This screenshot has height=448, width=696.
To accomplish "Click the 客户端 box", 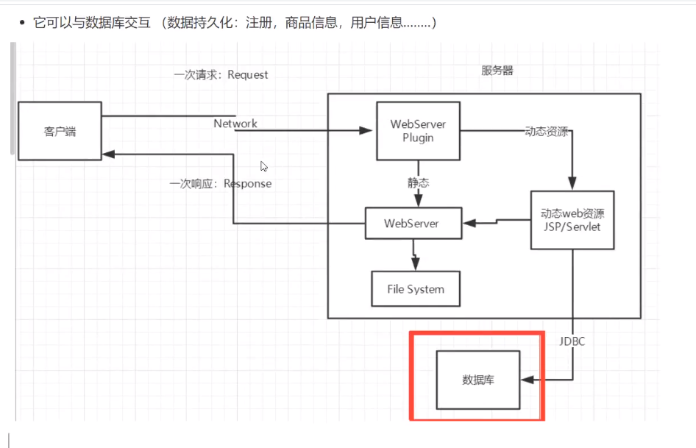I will coord(60,131).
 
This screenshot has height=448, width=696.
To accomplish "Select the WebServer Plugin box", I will coord(418,131).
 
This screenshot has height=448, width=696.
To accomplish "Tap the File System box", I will coord(416,289).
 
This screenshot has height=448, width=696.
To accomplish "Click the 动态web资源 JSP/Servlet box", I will coord(572,219).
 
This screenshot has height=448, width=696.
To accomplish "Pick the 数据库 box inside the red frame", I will coord(477,380).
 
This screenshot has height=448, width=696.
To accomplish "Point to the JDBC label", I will coord(571,341).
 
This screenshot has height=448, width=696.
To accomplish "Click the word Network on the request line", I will coord(235,124).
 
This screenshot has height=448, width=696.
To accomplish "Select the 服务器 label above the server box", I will coord(497,71).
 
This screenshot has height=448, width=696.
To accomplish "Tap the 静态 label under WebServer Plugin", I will coord(419,182).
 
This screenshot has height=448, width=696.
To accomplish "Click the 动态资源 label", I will coord(546,132).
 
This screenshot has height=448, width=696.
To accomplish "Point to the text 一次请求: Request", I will coord(221,74).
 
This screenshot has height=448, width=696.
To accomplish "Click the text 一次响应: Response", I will coord(221,183).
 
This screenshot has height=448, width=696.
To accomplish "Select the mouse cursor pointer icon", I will coord(264,166).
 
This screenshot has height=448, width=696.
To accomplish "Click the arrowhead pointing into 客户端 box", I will coord(108,154).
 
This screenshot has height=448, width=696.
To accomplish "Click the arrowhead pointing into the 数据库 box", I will coord(525,380).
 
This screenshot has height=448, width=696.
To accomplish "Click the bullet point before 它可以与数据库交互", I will coord(22,24).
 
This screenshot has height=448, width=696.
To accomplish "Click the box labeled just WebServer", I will coord(413,223).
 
